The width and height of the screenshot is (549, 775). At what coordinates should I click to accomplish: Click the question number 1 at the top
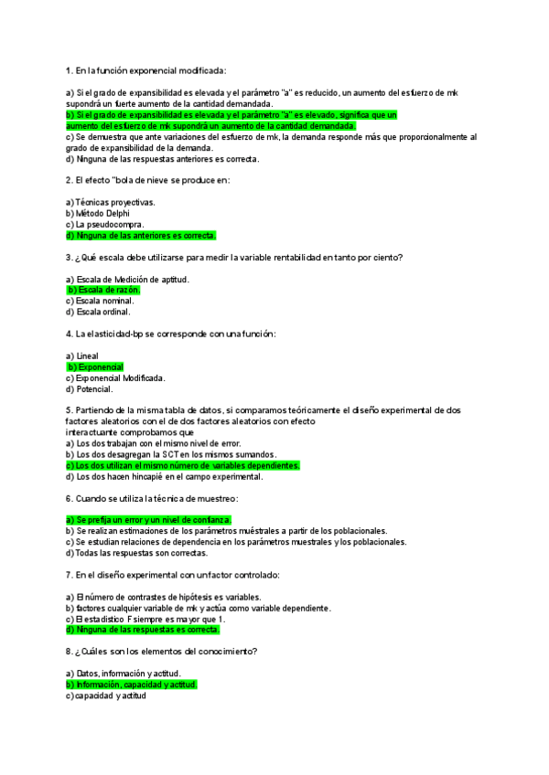pos(69,70)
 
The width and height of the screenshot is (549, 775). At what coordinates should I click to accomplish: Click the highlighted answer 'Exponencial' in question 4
pos(98,366)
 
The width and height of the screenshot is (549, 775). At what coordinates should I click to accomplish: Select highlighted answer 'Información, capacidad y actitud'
pos(132,684)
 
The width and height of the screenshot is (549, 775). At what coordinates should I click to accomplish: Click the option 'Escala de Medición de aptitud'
pos(127,279)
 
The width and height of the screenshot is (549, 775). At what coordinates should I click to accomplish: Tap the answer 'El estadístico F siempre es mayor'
pos(145,619)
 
